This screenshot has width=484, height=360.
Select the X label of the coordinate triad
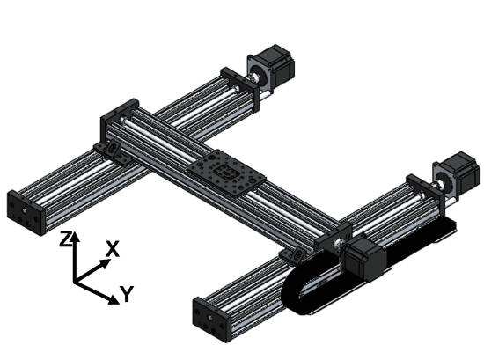click(x=113, y=249)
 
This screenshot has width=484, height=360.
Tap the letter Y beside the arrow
click(x=128, y=294)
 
